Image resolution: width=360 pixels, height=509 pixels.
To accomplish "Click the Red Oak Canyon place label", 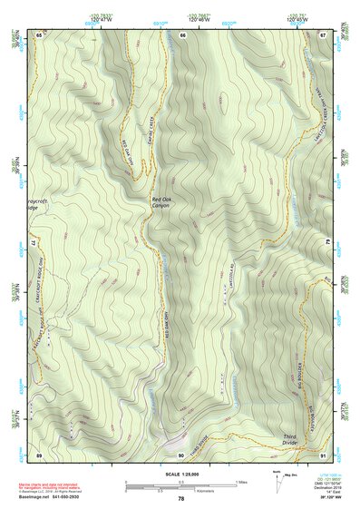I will pos(161,201).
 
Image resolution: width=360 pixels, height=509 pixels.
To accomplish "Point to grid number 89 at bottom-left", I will pos(39,454).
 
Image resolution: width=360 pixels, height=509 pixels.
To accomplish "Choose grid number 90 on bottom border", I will pos(181,454).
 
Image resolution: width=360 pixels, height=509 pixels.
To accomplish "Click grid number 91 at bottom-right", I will pos(323,454).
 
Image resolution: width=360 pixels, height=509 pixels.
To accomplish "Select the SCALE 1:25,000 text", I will pos(180,474).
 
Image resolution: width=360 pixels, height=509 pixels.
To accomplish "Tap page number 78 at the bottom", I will pos(180,499).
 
